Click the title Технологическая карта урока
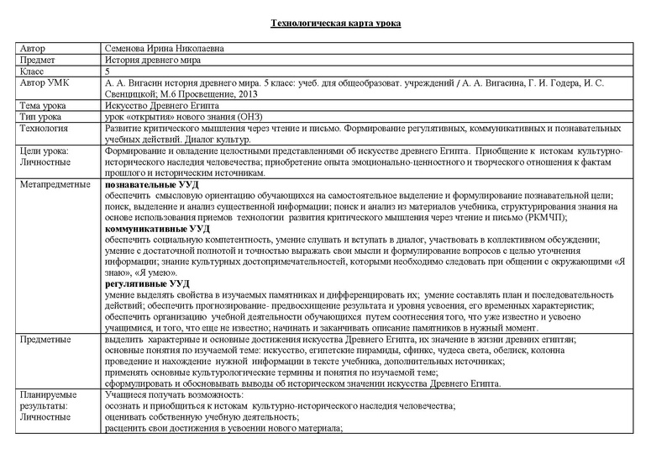pos(336,22)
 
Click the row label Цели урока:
pos(46,153)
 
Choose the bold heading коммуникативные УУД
pos(157,229)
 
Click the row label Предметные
pos(45,337)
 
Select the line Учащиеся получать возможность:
pos(174,394)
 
